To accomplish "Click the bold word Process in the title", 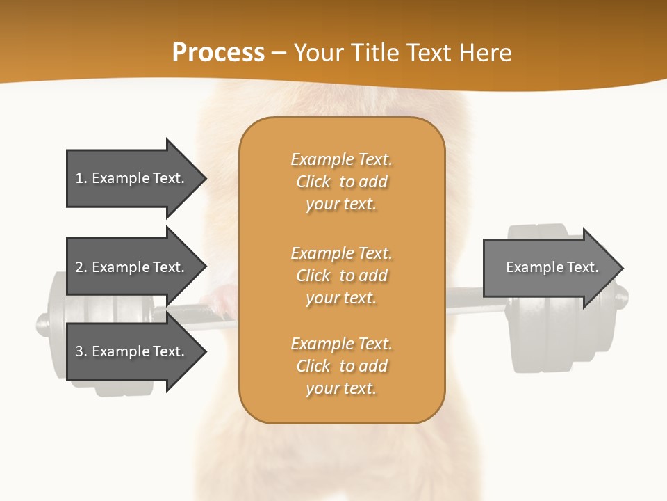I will tap(218, 53).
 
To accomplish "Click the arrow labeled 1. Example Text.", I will tap(132, 178).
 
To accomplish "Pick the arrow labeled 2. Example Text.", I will tap(132, 267).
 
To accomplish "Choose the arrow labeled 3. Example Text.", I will tap(132, 351).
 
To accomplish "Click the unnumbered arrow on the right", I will tap(549, 268).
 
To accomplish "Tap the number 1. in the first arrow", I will tap(81, 178).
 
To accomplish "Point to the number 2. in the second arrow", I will tap(81, 267).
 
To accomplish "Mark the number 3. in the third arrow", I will tap(81, 351).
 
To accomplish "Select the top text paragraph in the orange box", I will tap(341, 182).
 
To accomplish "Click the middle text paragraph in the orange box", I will tap(341, 276).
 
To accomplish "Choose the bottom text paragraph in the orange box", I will tap(341, 366).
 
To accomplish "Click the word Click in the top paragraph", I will tap(313, 182).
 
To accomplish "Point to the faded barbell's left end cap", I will tap(43, 324).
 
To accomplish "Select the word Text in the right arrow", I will tap(582, 267).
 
